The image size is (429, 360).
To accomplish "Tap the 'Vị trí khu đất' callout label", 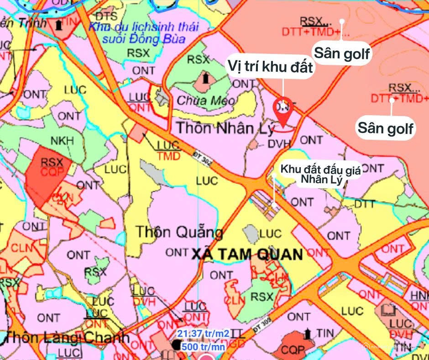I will [271, 68].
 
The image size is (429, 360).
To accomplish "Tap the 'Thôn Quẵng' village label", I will [179, 233].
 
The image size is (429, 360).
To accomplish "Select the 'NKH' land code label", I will [62, 141].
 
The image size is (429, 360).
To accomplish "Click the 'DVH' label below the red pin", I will [279, 143].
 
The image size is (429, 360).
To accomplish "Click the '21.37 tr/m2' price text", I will [204, 334].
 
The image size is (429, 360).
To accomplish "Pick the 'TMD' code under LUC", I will [168, 156].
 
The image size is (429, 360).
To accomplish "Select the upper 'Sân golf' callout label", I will [341, 54].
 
